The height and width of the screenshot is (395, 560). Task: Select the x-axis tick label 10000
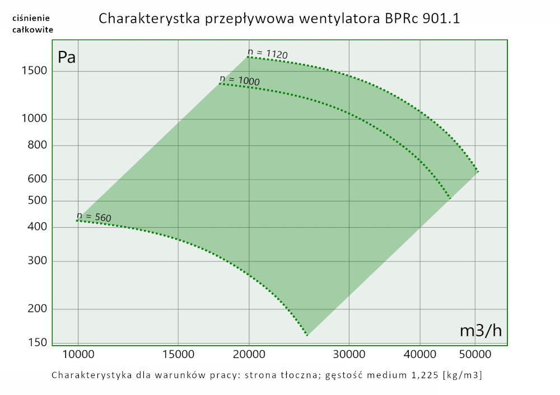(78, 354)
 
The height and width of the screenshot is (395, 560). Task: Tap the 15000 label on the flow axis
(178, 354)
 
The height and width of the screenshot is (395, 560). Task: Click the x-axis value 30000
(349, 354)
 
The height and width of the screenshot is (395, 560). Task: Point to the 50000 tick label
(475, 354)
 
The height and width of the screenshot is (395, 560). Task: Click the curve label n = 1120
(268, 54)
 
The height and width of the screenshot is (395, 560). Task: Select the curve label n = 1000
(240, 80)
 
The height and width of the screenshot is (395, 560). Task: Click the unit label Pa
(67, 57)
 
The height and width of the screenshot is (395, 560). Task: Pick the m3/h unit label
(480, 331)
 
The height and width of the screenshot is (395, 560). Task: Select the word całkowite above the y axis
(32, 30)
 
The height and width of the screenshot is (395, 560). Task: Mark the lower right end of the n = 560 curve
(307, 335)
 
